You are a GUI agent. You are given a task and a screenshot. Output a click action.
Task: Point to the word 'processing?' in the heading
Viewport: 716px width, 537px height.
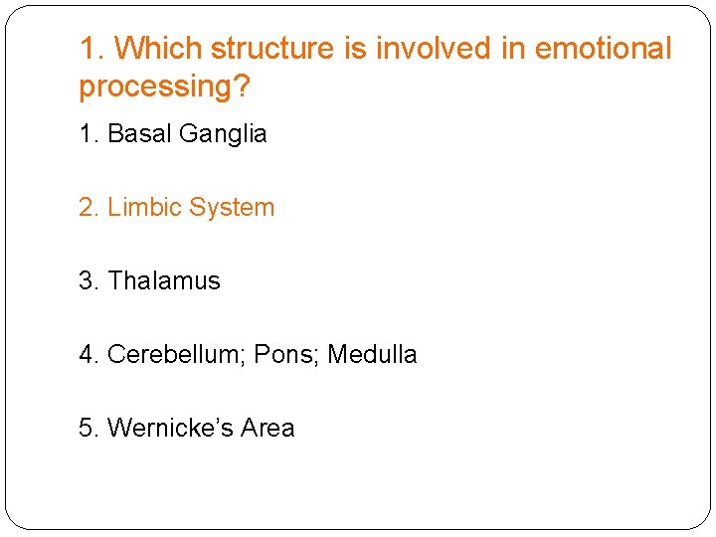(165, 88)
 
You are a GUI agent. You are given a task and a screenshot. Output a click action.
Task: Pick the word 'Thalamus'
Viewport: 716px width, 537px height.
(164, 281)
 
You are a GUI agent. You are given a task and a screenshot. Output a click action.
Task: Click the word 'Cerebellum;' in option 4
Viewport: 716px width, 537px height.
(176, 355)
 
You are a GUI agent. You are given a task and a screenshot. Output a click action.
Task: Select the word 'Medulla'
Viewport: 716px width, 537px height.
(372, 355)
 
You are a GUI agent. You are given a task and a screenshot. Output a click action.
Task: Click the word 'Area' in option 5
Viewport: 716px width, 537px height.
(268, 429)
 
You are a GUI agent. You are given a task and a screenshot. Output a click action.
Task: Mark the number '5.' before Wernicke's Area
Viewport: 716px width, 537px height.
(89, 429)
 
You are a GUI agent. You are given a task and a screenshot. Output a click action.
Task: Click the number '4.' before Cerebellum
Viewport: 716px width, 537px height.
(89, 355)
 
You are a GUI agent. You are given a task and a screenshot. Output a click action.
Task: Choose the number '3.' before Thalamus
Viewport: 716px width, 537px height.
(89, 281)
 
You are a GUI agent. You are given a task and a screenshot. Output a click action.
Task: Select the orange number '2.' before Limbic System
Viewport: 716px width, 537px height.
(89, 208)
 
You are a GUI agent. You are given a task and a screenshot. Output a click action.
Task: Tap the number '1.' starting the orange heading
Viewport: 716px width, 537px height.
(91, 49)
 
